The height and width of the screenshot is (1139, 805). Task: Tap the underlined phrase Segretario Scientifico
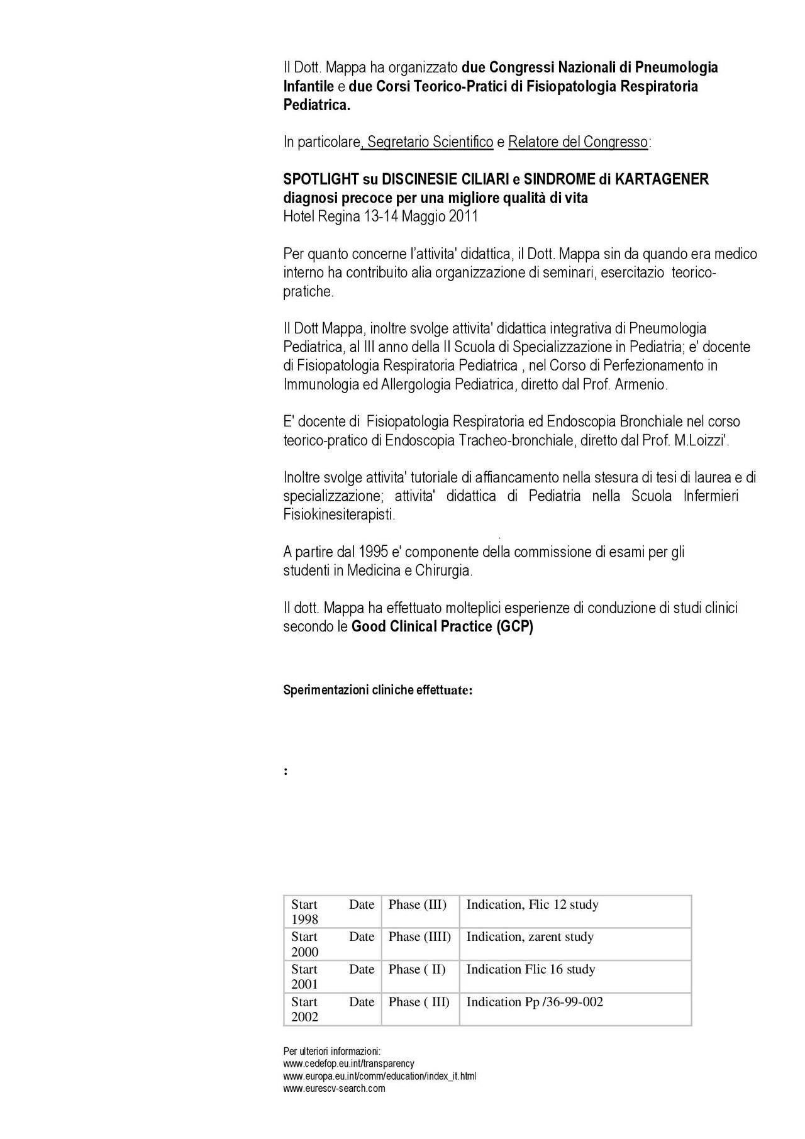430,142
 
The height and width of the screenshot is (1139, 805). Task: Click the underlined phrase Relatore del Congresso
577,142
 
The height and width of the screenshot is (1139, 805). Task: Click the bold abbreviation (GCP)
514,627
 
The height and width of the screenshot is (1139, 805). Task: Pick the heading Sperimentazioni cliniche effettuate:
378,690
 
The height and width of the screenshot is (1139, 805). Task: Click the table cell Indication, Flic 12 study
532,904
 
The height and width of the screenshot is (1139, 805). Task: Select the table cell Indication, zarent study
530,936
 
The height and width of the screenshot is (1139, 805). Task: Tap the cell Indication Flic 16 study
530,969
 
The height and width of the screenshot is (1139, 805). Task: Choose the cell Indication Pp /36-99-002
535,1002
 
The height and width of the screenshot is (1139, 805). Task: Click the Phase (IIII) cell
419,936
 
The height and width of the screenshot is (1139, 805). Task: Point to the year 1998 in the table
305,920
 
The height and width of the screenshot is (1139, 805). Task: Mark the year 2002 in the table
305,1017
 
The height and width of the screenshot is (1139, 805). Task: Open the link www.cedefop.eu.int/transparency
348,1064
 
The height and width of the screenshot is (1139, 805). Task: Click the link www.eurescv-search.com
334,1089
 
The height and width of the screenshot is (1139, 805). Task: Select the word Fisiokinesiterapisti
340,515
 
